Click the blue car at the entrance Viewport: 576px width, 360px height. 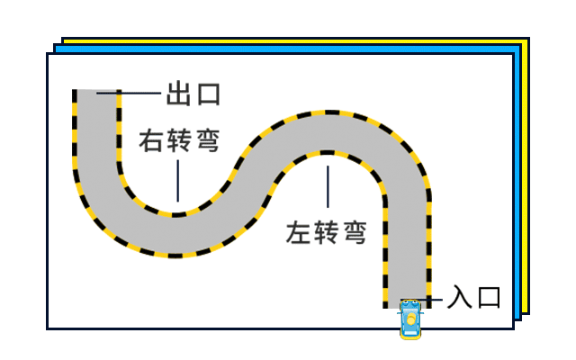[x=410, y=319]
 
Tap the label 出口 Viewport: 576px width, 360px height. [x=193, y=94]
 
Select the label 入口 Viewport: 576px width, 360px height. [x=473, y=297]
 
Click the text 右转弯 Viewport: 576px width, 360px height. [x=180, y=142]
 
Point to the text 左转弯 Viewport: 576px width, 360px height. [x=327, y=233]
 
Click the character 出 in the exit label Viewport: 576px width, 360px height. [x=178, y=94]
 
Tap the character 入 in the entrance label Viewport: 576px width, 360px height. [x=459, y=297]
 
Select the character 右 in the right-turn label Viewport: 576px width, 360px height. [x=152, y=142]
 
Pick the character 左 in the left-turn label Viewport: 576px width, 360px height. [x=299, y=233]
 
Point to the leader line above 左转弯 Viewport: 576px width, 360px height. [x=328, y=190]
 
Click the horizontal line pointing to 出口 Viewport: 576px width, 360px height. [x=140, y=92]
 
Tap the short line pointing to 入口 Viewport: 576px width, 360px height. [x=435, y=298]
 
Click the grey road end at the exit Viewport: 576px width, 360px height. [x=95, y=99]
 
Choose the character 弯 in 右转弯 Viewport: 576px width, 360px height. [x=208, y=142]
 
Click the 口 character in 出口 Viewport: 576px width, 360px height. [x=207, y=94]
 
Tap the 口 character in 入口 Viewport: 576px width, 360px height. [x=488, y=297]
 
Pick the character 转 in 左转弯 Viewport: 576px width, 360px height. [x=327, y=233]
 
